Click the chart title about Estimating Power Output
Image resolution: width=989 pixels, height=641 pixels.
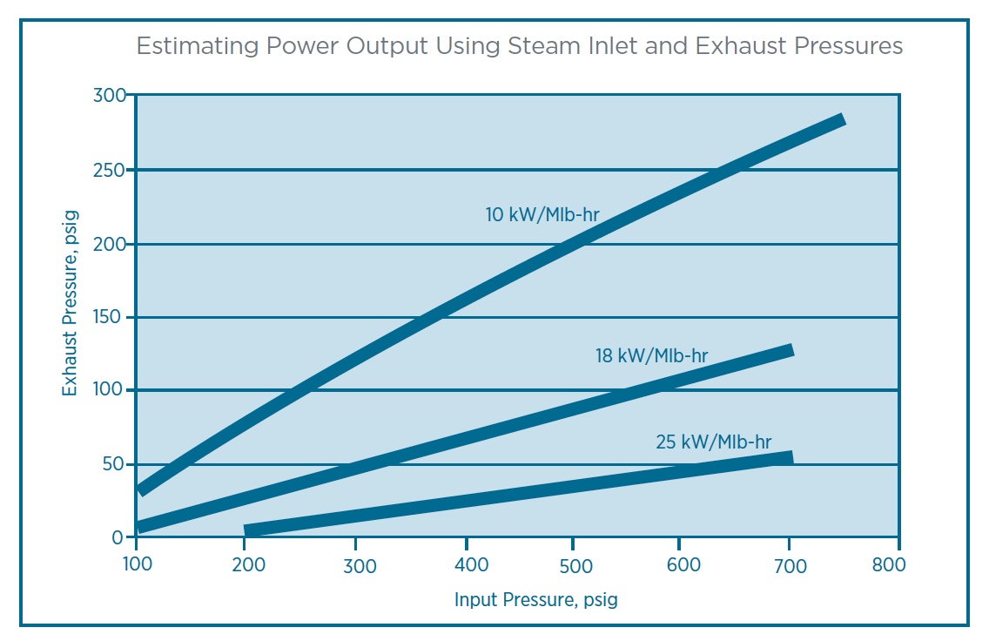click(520, 45)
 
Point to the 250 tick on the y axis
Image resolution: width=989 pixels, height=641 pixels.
click(109, 170)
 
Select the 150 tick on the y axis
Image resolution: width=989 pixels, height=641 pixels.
click(109, 317)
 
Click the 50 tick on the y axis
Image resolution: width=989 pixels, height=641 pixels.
click(113, 464)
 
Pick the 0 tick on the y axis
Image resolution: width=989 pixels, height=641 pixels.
click(118, 538)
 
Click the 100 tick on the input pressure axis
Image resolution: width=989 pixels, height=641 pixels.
click(137, 564)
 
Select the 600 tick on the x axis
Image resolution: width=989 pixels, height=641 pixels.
click(683, 565)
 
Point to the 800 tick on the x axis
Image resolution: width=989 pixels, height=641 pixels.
click(888, 564)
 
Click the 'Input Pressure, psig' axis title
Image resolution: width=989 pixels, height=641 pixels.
click(535, 600)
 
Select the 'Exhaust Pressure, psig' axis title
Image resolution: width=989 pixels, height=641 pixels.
click(71, 303)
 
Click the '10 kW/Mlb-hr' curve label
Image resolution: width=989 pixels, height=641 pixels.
click(542, 213)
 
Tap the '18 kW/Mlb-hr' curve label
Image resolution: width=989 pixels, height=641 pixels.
click(651, 355)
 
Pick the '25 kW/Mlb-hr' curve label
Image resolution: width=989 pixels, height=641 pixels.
click(713, 442)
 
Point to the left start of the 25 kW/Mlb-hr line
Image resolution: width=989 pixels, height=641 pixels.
click(247, 531)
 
